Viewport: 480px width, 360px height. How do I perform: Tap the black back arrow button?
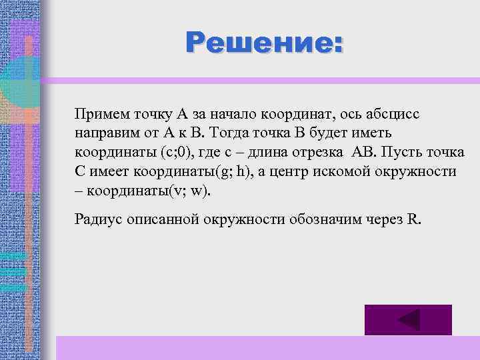pos(408,320)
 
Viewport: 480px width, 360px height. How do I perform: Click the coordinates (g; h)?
pos(221,171)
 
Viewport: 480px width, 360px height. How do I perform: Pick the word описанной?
pos(162,220)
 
